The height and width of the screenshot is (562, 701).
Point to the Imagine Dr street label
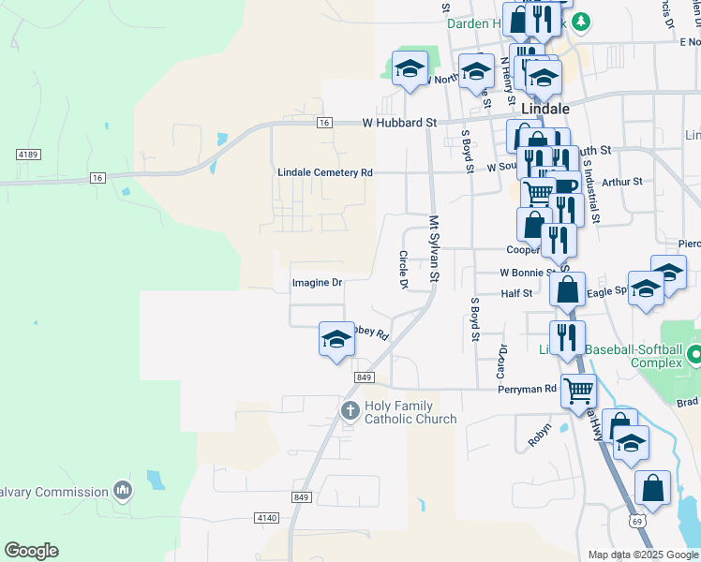[x=317, y=282]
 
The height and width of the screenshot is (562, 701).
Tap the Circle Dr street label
[x=404, y=270]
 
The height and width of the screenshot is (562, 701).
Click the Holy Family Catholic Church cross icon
[x=350, y=410]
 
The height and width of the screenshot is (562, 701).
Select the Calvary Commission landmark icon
[x=123, y=491]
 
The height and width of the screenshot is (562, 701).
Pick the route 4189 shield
[x=26, y=153]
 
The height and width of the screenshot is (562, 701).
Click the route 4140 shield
[x=266, y=517]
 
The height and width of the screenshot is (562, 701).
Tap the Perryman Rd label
[x=527, y=389]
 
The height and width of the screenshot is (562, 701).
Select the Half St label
[x=516, y=293]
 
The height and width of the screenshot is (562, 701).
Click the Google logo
[x=31, y=551]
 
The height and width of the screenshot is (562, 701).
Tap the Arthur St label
[x=622, y=182]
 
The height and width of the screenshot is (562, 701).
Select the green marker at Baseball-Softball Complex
[x=694, y=355]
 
